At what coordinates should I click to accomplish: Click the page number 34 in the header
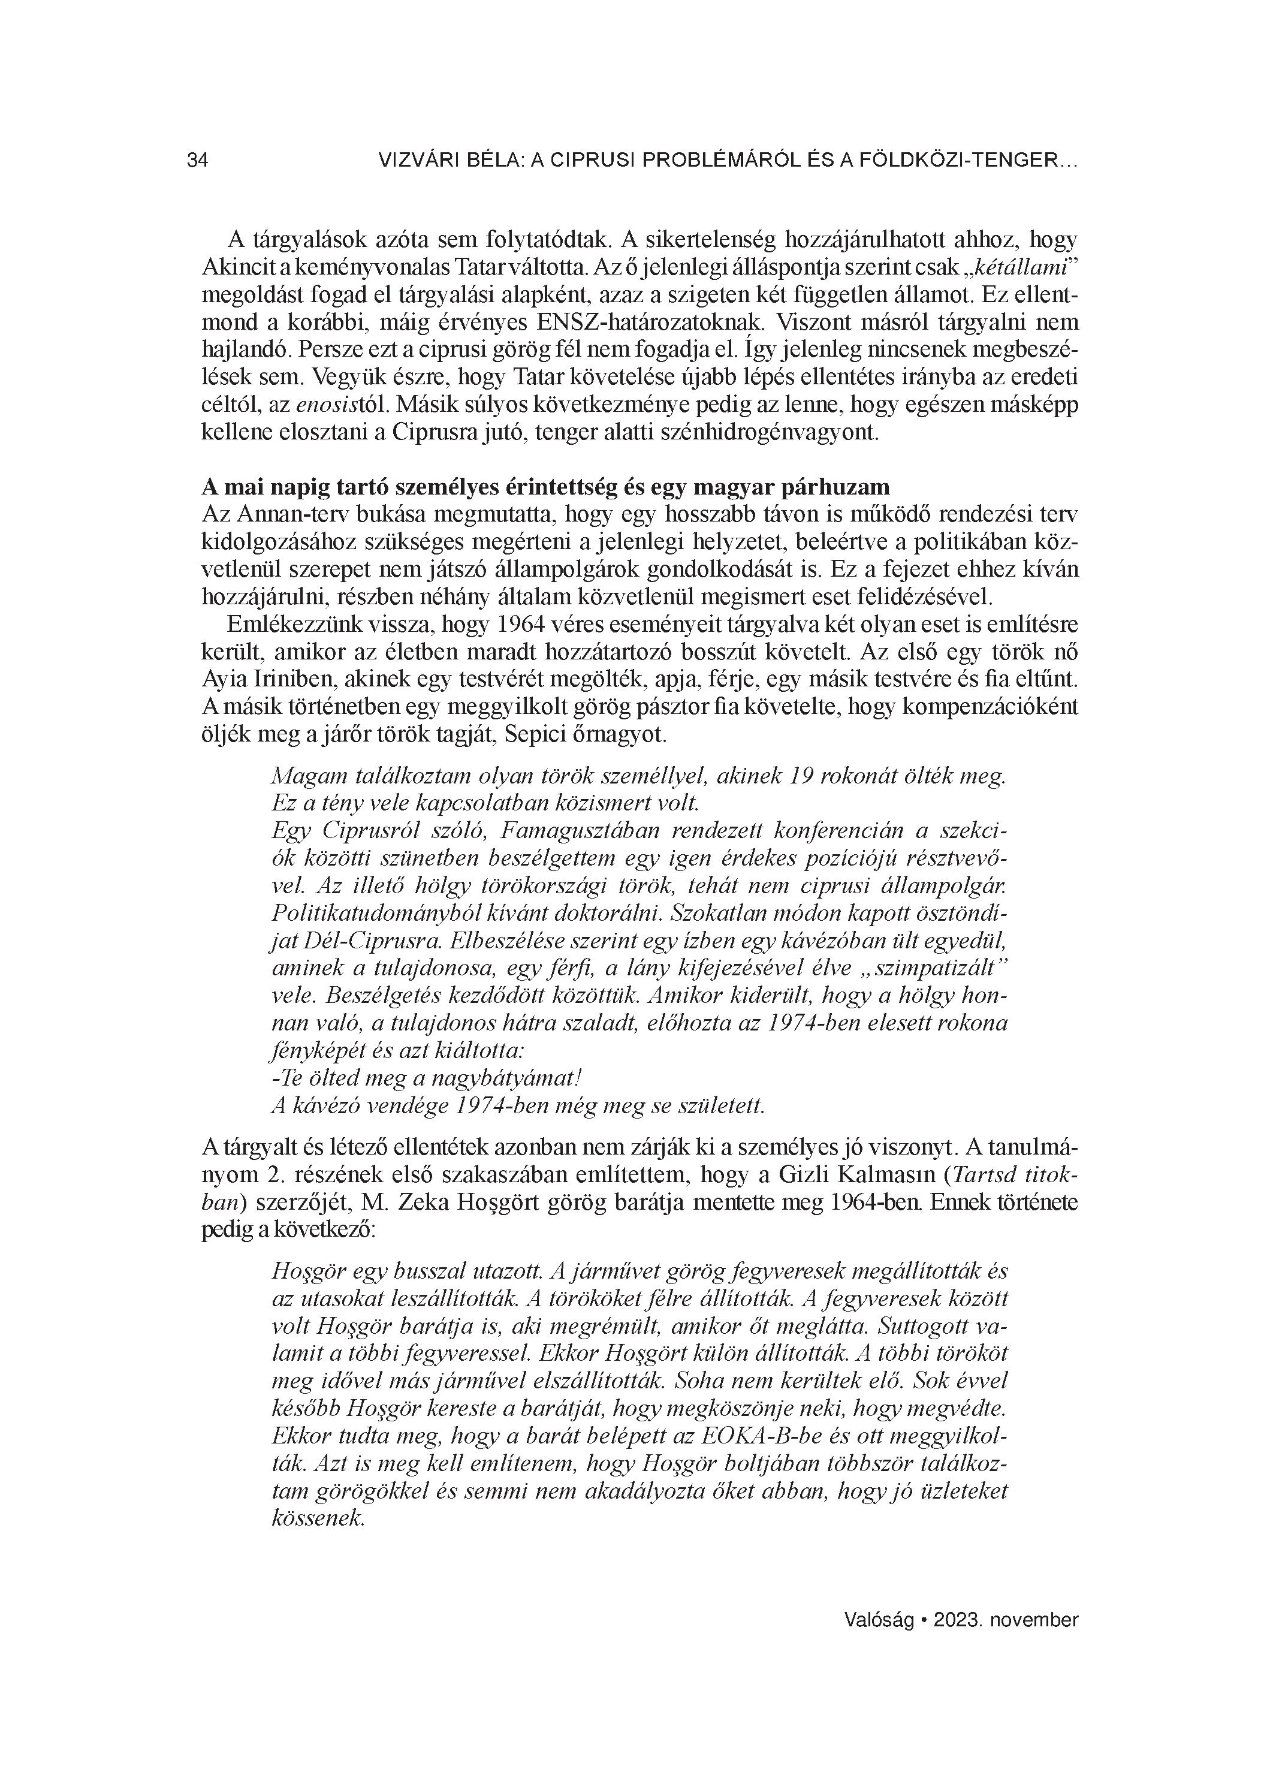coord(197,161)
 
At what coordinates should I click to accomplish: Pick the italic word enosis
coord(312,406)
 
